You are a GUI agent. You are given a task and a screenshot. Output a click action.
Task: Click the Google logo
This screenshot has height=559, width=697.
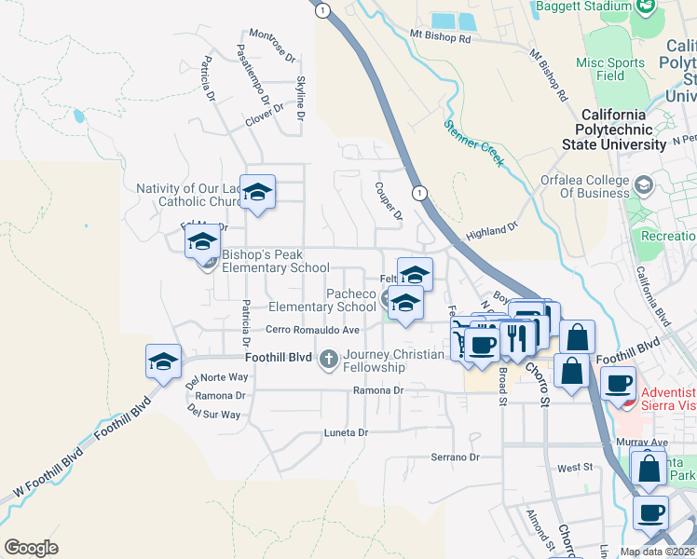click(31, 548)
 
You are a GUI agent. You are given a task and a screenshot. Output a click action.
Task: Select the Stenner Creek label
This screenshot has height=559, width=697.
click(473, 143)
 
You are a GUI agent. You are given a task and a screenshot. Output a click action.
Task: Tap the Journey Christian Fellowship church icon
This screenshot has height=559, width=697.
click(328, 359)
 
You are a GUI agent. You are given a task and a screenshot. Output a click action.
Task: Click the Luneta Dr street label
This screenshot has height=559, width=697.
click(346, 433)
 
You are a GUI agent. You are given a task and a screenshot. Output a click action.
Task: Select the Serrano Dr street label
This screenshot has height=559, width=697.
click(454, 457)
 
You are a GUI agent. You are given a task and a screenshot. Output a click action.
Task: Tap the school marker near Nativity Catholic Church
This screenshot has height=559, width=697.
click(258, 192)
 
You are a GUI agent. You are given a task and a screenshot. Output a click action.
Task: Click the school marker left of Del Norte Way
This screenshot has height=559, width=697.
click(163, 361)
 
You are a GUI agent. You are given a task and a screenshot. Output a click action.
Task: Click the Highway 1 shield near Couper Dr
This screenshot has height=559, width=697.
click(420, 193)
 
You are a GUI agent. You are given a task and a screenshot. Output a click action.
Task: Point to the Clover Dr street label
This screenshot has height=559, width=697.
click(264, 117)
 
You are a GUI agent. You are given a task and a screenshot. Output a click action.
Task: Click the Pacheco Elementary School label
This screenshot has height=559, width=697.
click(322, 300)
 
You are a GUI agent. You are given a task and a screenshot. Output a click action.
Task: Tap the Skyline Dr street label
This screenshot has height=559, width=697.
click(300, 98)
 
